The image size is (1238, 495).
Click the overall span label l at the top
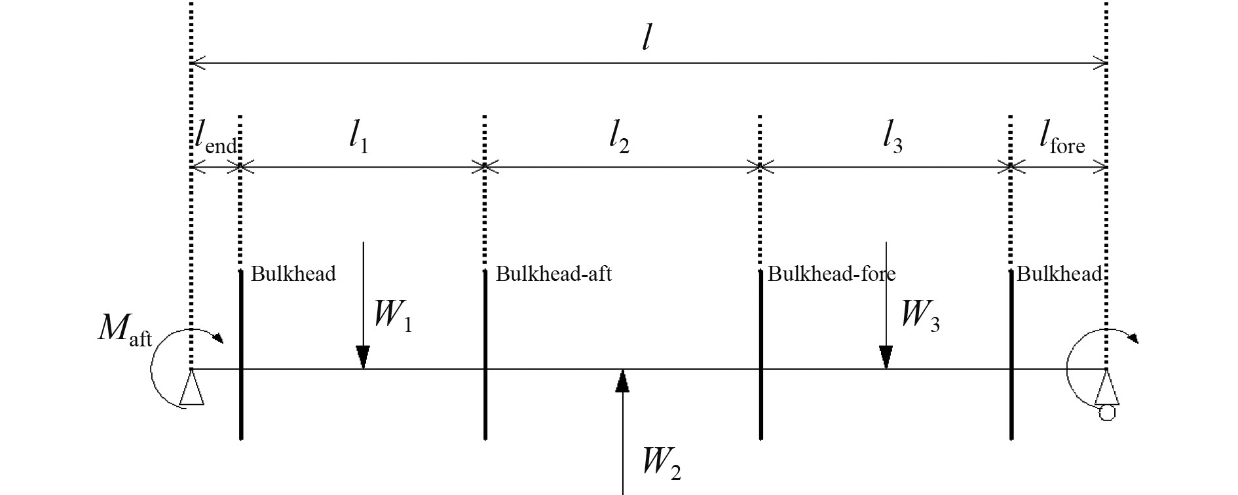click(x=647, y=39)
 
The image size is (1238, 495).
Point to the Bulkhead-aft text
click(x=553, y=274)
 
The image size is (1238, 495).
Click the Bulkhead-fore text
click(x=831, y=274)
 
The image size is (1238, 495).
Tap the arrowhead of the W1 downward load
click(x=363, y=357)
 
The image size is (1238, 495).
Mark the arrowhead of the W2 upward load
click(x=622, y=380)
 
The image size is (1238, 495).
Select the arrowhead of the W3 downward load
click(x=886, y=357)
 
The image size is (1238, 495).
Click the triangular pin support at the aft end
click(x=191, y=389)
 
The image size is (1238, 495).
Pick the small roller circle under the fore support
click(x=1106, y=412)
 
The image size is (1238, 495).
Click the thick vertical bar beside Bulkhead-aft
click(x=485, y=354)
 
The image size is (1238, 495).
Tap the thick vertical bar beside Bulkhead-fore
click(x=760, y=354)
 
